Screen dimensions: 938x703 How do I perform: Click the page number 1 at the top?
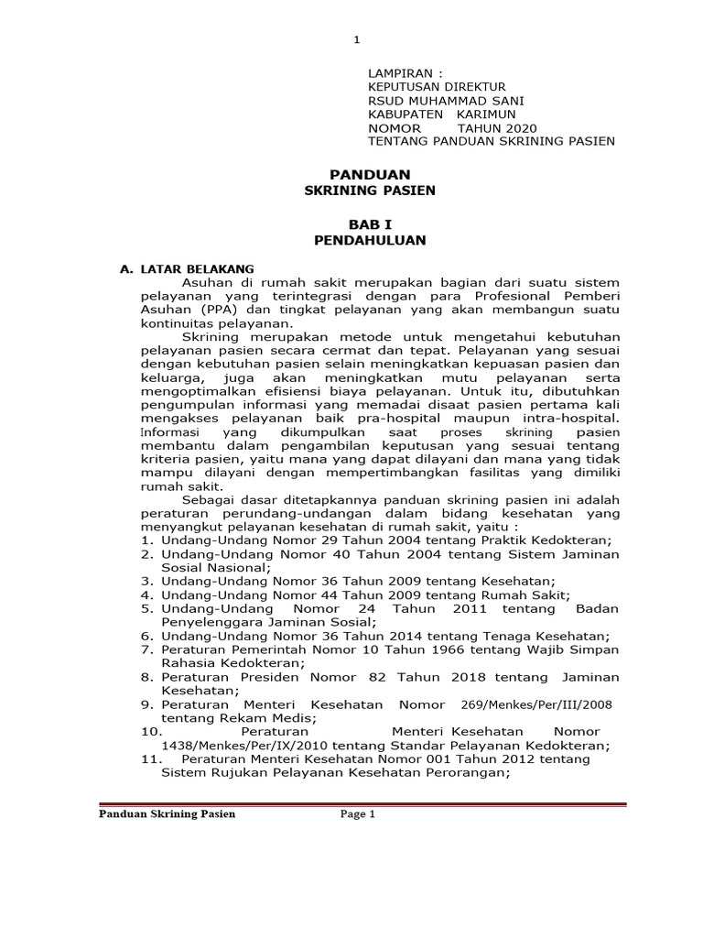[x=357, y=39]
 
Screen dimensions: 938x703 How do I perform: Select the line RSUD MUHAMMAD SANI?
[x=446, y=100]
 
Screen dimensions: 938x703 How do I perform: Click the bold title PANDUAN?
[x=370, y=174]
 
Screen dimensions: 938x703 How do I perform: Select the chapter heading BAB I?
[x=370, y=224]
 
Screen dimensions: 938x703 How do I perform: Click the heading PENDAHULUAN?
[x=370, y=240]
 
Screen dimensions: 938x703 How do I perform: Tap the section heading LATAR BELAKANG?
[x=198, y=269]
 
